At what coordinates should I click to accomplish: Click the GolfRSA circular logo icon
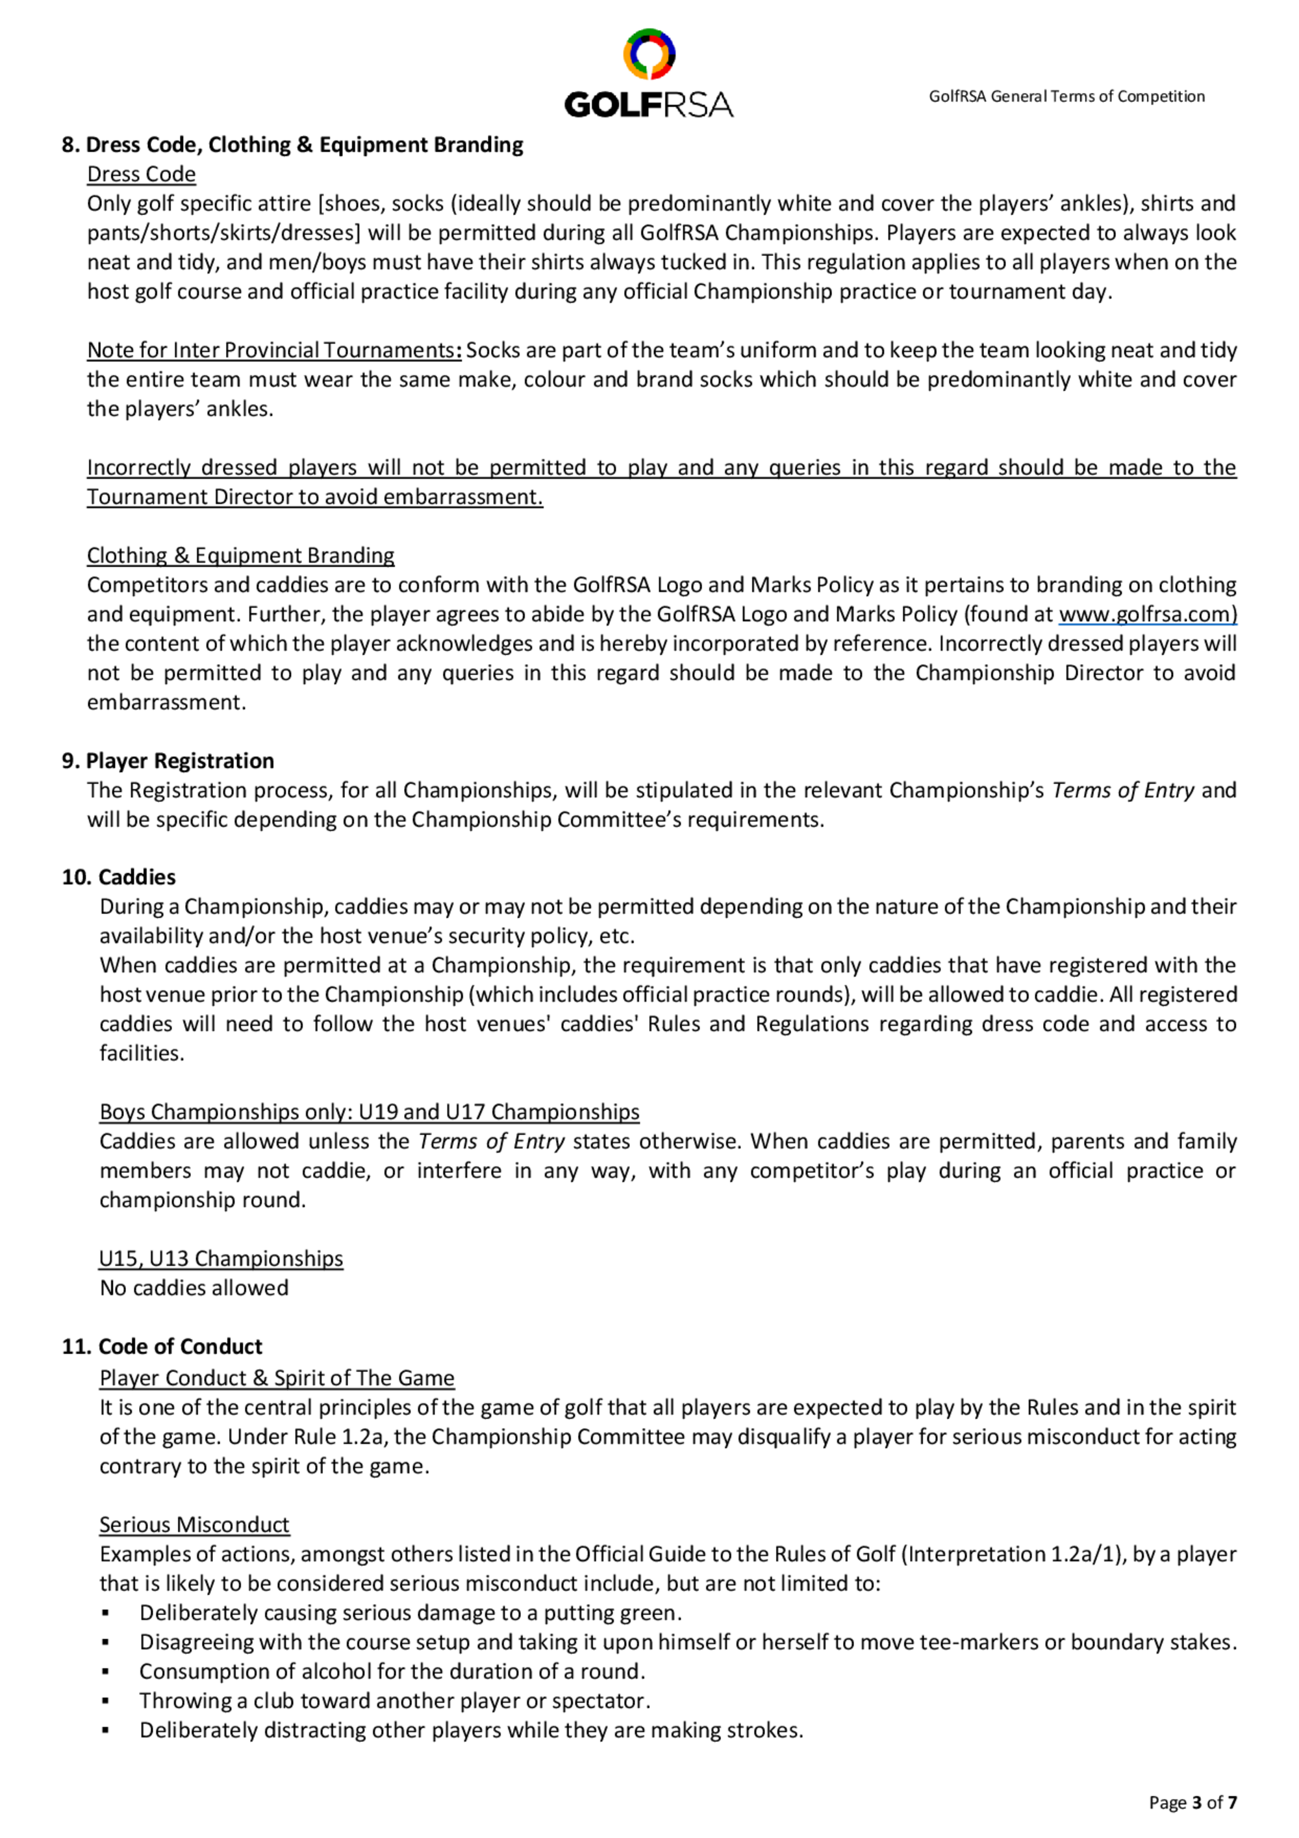click(649, 55)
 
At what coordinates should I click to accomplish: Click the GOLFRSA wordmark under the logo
click(648, 105)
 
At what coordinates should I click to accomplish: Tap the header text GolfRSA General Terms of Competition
click(1066, 97)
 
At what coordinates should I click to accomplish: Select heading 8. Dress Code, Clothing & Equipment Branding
click(292, 145)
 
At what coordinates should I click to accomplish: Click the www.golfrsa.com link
click(1148, 614)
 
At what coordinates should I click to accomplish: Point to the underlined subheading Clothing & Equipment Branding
click(240, 555)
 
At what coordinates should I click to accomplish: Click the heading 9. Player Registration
click(168, 761)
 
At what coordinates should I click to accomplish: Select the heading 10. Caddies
click(118, 877)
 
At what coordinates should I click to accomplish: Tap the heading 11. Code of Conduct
click(162, 1346)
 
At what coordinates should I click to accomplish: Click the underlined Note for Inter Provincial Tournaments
click(273, 351)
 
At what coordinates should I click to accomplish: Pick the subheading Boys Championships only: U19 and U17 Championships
click(369, 1112)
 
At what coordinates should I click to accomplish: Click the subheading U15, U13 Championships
click(221, 1258)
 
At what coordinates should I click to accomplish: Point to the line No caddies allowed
click(194, 1288)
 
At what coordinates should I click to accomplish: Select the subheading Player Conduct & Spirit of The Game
click(276, 1378)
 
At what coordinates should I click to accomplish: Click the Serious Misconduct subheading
click(194, 1524)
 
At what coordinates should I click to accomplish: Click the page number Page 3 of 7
click(1192, 1802)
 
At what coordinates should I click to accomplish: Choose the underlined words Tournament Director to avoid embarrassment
click(314, 497)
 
